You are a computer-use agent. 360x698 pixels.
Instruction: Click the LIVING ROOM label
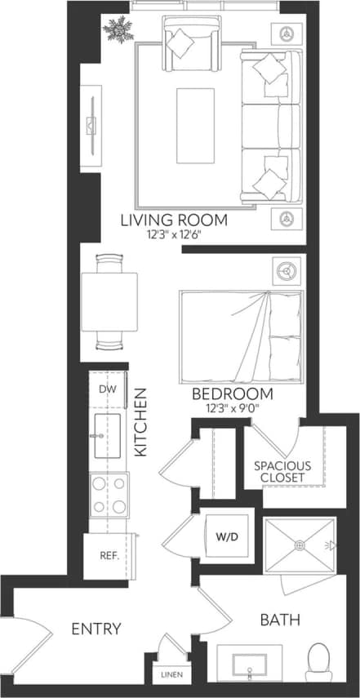174,220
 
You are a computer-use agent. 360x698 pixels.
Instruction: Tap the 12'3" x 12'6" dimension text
174,234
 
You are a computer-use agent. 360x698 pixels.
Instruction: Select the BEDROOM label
233,393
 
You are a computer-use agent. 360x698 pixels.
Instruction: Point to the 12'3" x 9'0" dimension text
233,407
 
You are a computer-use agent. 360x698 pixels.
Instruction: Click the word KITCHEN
140,421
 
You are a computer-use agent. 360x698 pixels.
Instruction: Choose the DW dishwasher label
108,389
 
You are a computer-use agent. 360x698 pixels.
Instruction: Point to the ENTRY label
96,629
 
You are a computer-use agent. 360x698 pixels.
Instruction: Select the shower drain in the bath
299,545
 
